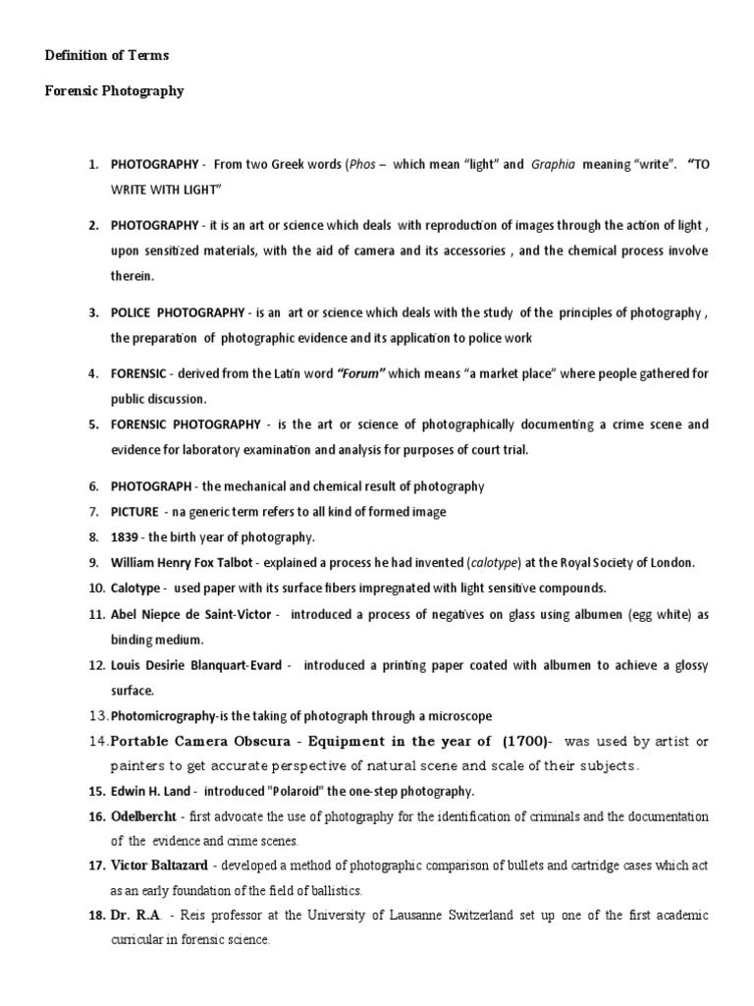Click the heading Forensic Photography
pos(115,91)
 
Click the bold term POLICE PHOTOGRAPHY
pos(178,313)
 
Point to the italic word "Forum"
pos(362,374)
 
